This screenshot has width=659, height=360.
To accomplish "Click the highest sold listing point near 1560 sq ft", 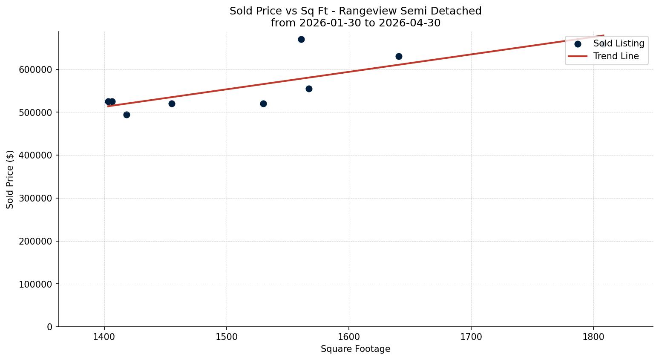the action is click(301, 40).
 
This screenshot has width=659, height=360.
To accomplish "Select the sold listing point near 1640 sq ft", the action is click(399, 57).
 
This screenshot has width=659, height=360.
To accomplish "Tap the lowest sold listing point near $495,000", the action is click(127, 115).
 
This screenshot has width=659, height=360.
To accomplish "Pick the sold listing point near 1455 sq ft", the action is click(172, 104).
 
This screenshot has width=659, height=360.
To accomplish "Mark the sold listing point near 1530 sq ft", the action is click(263, 104).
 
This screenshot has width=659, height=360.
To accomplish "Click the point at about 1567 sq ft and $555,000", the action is click(309, 89).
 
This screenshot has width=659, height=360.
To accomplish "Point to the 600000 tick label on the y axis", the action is click(35, 70).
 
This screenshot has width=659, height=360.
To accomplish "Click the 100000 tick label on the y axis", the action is click(35, 284).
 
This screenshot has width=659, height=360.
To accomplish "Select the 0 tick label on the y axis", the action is click(49, 327).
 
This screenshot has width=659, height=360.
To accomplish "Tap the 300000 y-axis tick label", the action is click(35, 198).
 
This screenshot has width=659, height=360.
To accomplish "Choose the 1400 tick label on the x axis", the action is click(104, 337).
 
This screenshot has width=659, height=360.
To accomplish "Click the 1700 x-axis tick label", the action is click(471, 337).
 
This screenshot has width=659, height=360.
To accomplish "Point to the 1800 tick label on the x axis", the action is click(593, 337).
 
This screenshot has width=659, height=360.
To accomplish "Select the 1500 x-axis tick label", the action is click(227, 337).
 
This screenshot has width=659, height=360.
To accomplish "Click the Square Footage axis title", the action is click(355, 349).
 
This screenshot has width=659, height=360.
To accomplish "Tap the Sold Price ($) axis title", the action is click(10, 179).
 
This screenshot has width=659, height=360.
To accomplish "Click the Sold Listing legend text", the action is click(619, 43).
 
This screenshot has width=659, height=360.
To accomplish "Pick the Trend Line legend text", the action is click(616, 56).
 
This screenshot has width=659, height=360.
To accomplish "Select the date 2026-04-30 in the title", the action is click(409, 23).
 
